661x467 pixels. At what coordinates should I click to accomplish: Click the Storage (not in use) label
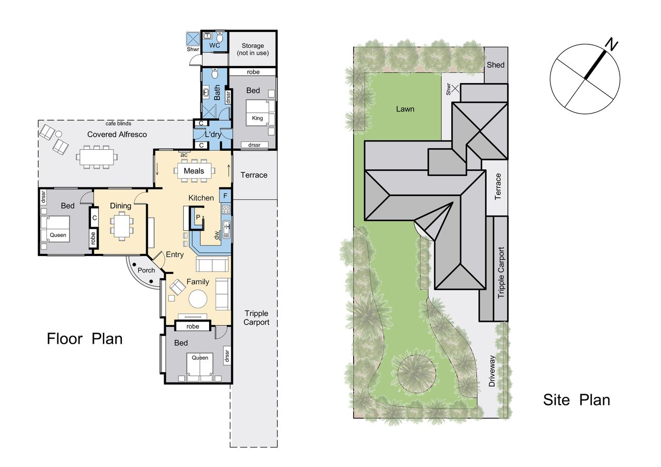[x=253, y=50]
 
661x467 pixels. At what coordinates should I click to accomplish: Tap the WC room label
[x=214, y=45]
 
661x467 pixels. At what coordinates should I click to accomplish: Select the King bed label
[x=257, y=118]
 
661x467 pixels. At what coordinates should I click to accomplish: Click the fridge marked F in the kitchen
[x=225, y=196]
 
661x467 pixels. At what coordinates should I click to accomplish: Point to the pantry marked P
[x=198, y=217]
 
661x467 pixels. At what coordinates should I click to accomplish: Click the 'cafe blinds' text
[x=118, y=123]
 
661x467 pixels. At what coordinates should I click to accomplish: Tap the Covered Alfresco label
[x=117, y=135]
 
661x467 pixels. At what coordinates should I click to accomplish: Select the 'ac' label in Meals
[x=184, y=155]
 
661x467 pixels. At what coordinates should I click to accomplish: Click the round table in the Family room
[x=198, y=299]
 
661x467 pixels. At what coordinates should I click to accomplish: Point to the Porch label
[x=146, y=270]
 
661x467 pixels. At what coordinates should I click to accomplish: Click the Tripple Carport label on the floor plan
[x=256, y=317]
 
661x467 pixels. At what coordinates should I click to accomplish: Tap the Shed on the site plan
[x=496, y=65]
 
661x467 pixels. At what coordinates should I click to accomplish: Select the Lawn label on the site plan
[x=405, y=109]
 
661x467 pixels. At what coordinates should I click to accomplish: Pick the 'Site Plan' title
[x=576, y=400]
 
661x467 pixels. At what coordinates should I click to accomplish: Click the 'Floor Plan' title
[x=84, y=339]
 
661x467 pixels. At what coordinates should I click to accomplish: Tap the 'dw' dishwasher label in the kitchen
[x=217, y=235]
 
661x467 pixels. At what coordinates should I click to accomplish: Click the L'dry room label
[x=213, y=135]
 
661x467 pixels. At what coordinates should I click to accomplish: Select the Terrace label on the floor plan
[x=254, y=175]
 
